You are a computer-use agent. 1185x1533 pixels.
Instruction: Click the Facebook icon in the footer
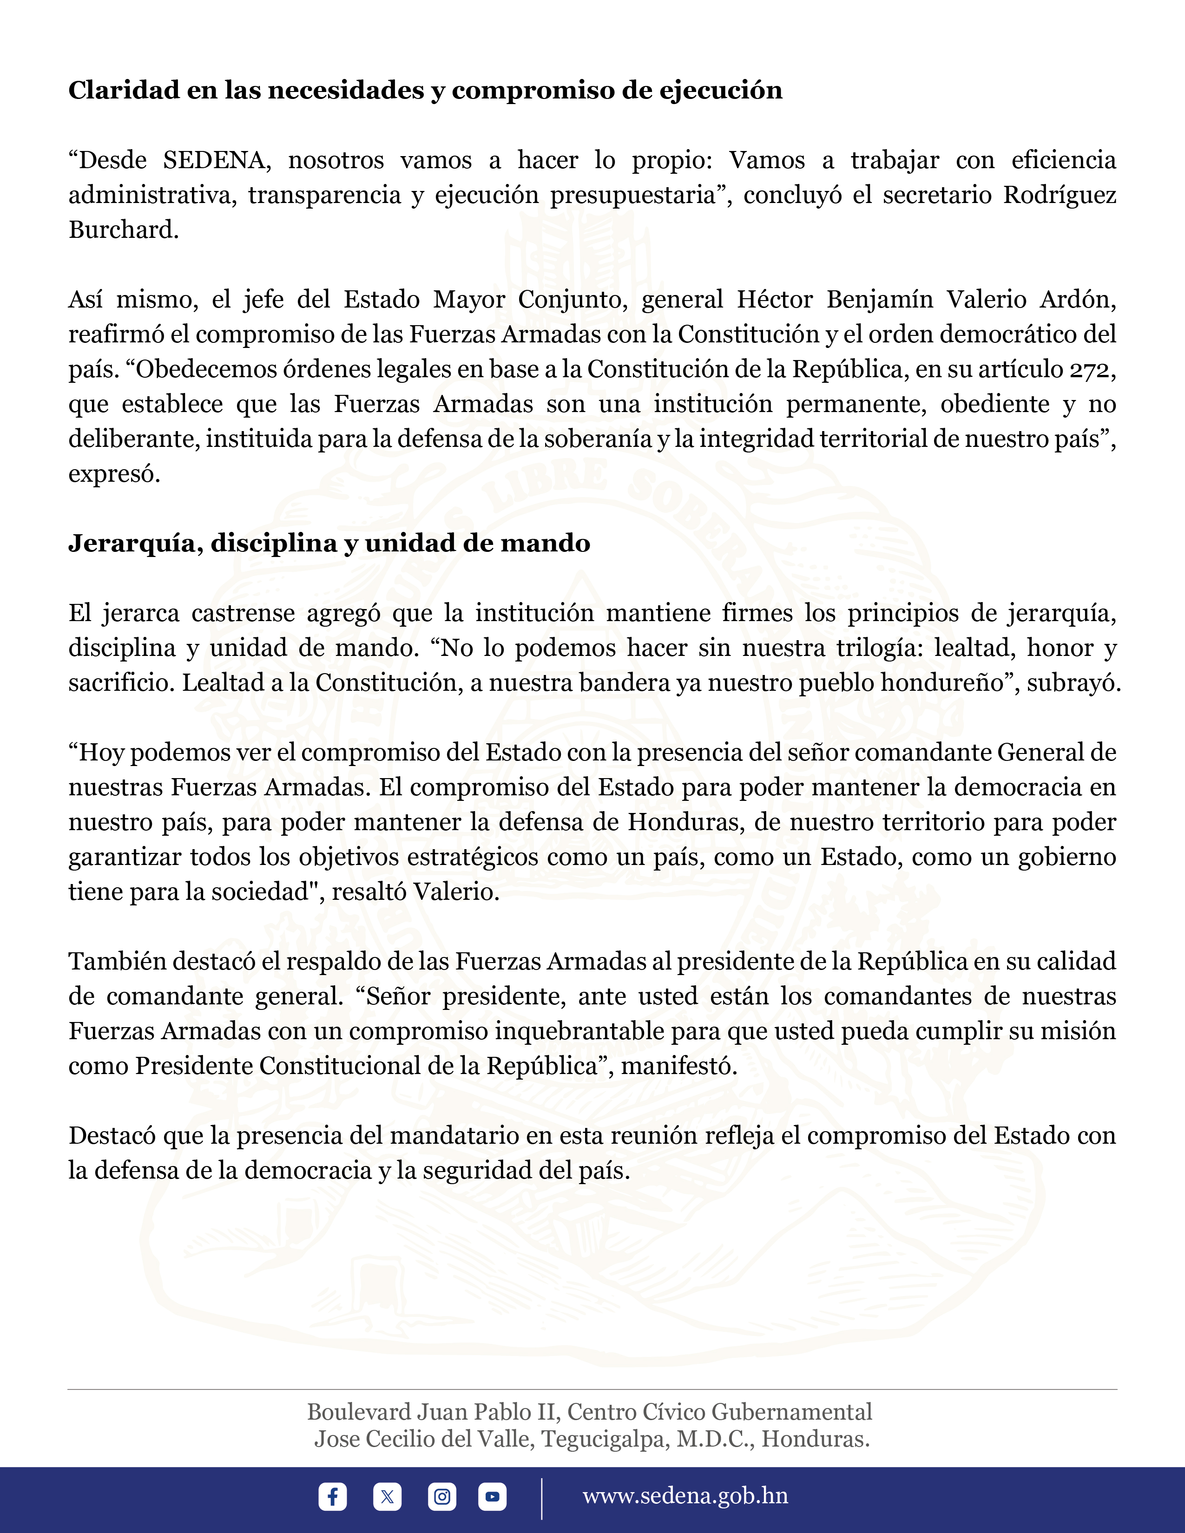coord(332,1496)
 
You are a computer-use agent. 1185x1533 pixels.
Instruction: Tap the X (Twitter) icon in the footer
coord(387,1496)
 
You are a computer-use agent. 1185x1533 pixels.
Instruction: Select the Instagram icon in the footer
coord(441,1496)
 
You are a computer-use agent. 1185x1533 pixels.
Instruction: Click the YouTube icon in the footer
coord(492,1496)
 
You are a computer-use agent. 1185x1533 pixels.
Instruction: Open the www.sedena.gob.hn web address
coord(685,1496)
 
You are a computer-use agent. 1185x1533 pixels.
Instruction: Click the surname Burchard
coord(123,229)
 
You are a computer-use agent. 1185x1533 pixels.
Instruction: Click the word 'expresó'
coord(114,474)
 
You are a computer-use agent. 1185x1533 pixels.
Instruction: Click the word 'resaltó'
coord(369,892)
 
